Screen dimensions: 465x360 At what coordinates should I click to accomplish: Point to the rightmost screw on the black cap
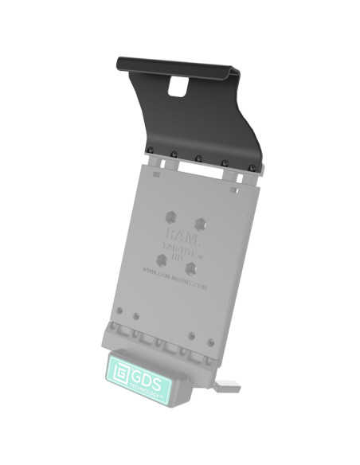[252, 167]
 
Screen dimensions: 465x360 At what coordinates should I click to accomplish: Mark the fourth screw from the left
[225, 163]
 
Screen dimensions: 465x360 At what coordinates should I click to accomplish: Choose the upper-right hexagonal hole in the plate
[205, 225]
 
